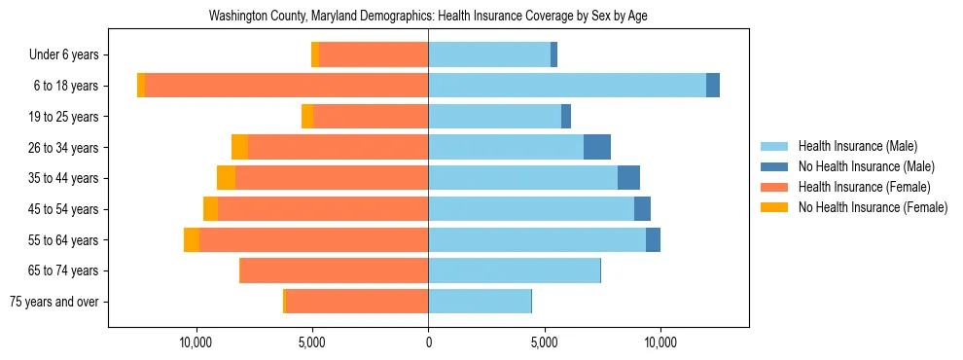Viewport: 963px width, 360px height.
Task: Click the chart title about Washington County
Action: [428, 17]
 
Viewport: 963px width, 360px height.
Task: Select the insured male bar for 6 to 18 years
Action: [567, 86]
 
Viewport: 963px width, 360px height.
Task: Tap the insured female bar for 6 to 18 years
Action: [286, 86]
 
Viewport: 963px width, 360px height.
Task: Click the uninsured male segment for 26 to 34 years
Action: [597, 147]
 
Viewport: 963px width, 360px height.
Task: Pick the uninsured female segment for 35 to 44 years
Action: [226, 178]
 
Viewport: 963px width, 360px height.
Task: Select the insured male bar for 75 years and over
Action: [480, 302]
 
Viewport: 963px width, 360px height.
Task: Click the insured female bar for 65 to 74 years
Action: [334, 270]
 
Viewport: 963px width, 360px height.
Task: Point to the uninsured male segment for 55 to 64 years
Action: [653, 239]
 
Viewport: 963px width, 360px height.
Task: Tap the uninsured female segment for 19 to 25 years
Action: [307, 117]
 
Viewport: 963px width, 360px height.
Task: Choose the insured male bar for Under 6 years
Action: [489, 54]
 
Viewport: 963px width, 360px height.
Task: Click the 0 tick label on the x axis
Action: [428, 342]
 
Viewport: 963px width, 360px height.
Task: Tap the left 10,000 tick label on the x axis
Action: [196, 342]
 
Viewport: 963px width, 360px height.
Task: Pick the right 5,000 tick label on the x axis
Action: [545, 342]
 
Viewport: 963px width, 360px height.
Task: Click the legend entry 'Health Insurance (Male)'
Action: [857, 147]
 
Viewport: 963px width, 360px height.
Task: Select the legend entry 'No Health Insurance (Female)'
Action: [873, 207]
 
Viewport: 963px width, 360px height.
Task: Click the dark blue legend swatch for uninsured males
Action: [774, 167]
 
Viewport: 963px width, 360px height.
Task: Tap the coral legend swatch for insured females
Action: [774, 187]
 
